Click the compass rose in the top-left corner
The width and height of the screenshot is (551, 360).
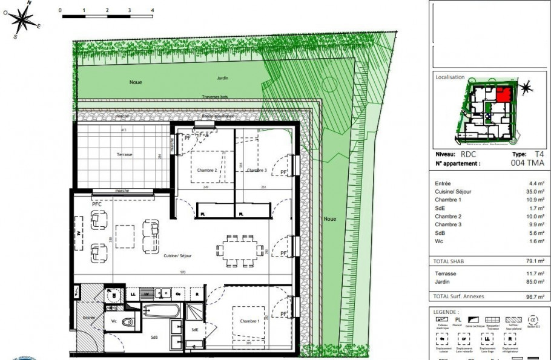[24, 20]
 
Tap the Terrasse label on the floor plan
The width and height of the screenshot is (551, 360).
[125, 155]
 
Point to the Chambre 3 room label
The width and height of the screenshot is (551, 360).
[256, 171]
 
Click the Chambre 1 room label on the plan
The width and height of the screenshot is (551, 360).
[248, 321]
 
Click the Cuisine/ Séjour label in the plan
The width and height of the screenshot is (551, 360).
[177, 256]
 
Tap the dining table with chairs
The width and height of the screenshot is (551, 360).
[240, 250]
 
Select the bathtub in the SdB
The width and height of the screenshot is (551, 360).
[162, 312]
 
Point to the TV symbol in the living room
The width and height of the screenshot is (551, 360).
[78, 232]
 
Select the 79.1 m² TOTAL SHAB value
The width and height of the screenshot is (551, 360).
[535, 261]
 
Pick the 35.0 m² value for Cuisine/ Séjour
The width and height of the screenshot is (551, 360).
[535, 191]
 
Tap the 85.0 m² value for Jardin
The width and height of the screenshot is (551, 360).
[535, 281]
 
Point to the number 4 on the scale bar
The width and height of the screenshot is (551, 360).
[152, 10]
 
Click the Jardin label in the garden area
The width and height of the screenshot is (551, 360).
[223, 79]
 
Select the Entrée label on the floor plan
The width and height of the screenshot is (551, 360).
[89, 317]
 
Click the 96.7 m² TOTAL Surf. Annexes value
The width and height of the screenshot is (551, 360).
[535, 296]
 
